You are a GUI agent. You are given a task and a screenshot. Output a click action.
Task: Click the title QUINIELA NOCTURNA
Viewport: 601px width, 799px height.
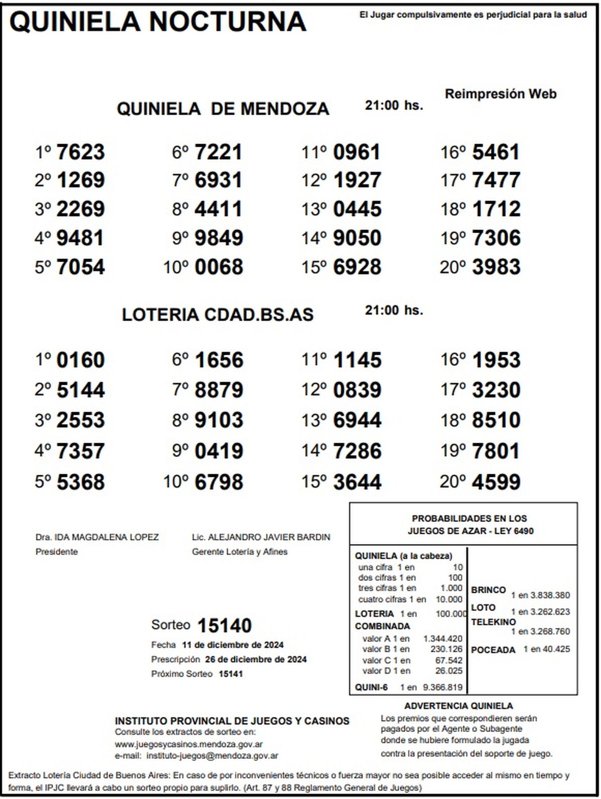pyautogui.click(x=158, y=22)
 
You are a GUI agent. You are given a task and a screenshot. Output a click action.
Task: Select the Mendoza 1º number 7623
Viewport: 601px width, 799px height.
pyautogui.click(x=81, y=152)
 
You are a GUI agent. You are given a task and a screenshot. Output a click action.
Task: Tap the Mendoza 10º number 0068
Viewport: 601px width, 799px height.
pyautogui.click(x=219, y=267)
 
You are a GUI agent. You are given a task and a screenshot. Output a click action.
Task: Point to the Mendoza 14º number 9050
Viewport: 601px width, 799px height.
pyautogui.click(x=357, y=238)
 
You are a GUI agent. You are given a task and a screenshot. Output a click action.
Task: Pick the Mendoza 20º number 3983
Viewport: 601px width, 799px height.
pyautogui.click(x=496, y=267)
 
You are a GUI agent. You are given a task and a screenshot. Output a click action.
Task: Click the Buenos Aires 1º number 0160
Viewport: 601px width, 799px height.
pyautogui.click(x=81, y=360)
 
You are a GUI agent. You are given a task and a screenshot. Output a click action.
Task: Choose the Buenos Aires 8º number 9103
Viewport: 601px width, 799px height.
pyautogui.click(x=219, y=420)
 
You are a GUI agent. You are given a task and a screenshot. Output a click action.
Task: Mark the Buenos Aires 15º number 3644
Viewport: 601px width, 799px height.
pyautogui.click(x=357, y=482)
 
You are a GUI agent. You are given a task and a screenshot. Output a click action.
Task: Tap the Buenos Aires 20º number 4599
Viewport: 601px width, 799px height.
pyautogui.click(x=496, y=482)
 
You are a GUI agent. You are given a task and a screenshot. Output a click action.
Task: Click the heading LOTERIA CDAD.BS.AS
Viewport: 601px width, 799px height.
pyautogui.click(x=218, y=315)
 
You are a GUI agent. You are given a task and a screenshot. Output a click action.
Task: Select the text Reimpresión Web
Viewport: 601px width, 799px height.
pyautogui.click(x=501, y=94)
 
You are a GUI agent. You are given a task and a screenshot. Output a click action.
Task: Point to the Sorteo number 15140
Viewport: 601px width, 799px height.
pyautogui.click(x=224, y=625)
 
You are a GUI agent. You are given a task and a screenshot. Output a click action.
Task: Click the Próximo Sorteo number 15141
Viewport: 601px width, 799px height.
pyautogui.click(x=231, y=674)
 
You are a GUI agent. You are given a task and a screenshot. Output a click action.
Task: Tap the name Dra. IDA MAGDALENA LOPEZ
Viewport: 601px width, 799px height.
pyautogui.click(x=97, y=537)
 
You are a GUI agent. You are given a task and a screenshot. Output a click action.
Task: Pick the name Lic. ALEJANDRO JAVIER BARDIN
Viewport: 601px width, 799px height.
pyautogui.click(x=261, y=537)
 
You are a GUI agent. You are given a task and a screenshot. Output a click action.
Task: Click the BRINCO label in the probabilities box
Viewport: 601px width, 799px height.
pyautogui.click(x=488, y=590)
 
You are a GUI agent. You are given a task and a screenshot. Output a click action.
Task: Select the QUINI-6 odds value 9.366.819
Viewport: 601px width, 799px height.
pyautogui.click(x=443, y=687)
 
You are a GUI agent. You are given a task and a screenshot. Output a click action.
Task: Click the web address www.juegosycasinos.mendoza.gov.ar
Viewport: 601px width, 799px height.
pyautogui.click(x=189, y=744)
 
